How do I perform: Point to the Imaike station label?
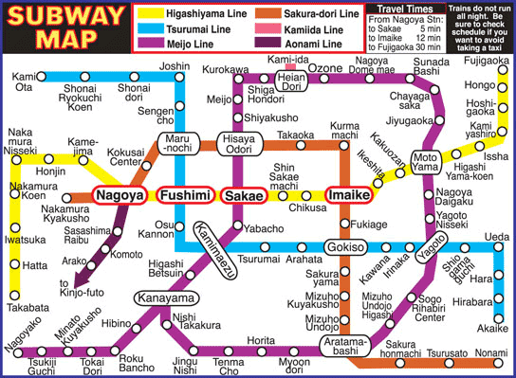347,196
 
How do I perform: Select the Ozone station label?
327,69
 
